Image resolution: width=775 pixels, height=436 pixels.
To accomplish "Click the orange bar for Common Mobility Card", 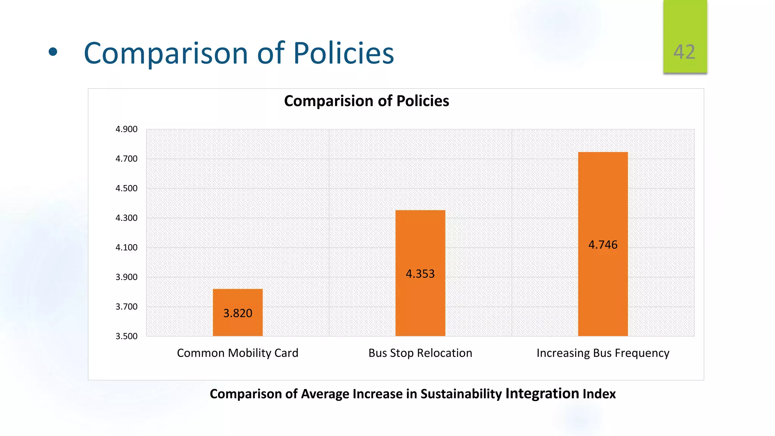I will pyautogui.click(x=238, y=299).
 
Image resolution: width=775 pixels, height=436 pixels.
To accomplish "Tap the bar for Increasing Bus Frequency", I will pyautogui.click(x=603, y=201).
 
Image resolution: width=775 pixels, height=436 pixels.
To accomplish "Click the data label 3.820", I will pyautogui.click(x=238, y=313).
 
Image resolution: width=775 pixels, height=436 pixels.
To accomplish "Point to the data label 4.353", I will pyautogui.click(x=420, y=274).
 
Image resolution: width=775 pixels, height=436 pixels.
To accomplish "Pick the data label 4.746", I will pyautogui.click(x=603, y=245).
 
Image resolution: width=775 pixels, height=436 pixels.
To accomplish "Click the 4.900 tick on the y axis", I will pyautogui.click(x=126, y=129).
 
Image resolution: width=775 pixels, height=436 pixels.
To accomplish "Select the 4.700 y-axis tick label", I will pyautogui.click(x=126, y=159).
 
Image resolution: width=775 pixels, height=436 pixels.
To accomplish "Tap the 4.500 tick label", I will pyautogui.click(x=126, y=188).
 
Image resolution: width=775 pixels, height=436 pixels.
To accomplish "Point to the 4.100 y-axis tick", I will pyautogui.click(x=126, y=248).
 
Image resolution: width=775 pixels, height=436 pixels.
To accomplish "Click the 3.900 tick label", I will pyautogui.click(x=126, y=277).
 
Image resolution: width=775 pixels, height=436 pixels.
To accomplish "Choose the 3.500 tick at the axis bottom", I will pyautogui.click(x=126, y=336).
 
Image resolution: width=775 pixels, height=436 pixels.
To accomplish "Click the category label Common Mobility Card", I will pyautogui.click(x=238, y=353).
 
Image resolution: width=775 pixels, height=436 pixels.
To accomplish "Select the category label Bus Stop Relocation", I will pyautogui.click(x=420, y=353).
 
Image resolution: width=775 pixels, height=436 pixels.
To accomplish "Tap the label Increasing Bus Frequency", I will pyautogui.click(x=603, y=353).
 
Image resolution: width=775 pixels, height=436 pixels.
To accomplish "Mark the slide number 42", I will pyautogui.click(x=684, y=52).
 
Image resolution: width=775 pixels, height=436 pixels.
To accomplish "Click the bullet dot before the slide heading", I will pyautogui.click(x=53, y=53).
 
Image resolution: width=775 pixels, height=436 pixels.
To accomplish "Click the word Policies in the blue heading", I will pyautogui.click(x=343, y=53).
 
